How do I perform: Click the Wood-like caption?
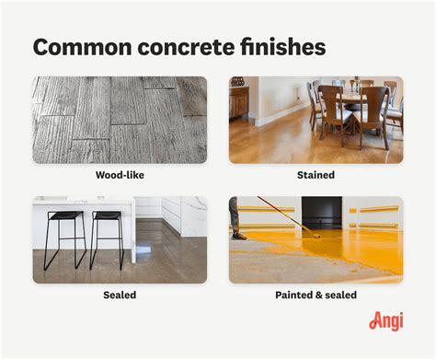point(120,175)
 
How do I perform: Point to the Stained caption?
point(316,175)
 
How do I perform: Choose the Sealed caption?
point(120,295)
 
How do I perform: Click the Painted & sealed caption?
point(316,295)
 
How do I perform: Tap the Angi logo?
point(386,320)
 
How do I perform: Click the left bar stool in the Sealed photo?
point(65,235)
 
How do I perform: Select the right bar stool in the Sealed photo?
point(106,235)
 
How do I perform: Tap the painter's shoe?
point(239,236)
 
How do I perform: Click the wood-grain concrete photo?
point(120,120)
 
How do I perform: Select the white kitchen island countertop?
point(83,205)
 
